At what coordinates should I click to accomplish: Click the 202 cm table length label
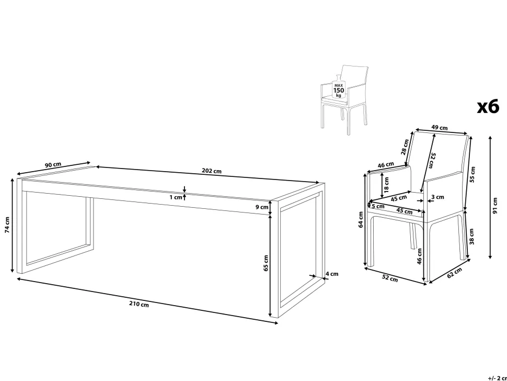coord(212,171)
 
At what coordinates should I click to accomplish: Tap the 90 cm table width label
coord(53,165)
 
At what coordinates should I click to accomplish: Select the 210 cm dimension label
coord(139,304)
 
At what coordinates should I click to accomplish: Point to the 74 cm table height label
coord(7,225)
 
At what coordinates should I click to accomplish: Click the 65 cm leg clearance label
coord(266,263)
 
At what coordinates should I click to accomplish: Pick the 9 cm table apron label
coord(262,207)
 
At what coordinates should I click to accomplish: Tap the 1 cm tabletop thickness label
coord(176,197)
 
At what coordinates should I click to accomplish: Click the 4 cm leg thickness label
coord(332,274)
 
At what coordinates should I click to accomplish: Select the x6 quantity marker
coord(488,106)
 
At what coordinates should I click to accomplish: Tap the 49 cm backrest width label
coord(440,128)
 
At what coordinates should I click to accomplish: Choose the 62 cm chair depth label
coord(455,273)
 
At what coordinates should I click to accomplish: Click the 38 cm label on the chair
coord(471,237)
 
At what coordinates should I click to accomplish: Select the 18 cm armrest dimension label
coord(386,184)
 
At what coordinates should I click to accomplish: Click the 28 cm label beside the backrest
coord(405,147)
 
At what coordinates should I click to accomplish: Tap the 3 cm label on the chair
coord(437,197)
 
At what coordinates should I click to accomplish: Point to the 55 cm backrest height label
coord(473,174)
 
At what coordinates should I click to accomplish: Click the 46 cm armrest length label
coord(386,165)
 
